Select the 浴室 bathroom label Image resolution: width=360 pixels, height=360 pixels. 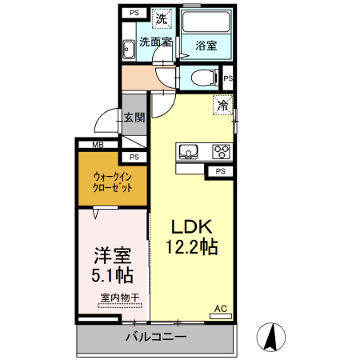click(206, 46)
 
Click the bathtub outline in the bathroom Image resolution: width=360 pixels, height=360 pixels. click(206, 24)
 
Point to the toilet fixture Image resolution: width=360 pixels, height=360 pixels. click(205, 78)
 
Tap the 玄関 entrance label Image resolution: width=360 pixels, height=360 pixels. click(134, 118)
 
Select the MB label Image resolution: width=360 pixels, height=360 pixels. click(98, 145)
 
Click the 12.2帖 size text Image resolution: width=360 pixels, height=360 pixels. click(192, 247)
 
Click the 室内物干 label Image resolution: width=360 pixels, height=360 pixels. click(120, 298)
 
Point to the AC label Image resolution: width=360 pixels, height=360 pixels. click(220, 308)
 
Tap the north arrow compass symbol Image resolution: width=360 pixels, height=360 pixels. click(272, 337)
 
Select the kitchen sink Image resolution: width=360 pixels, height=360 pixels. click(190, 151)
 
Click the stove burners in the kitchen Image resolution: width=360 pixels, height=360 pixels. click(220, 151)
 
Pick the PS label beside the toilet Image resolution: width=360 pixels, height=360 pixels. click(228, 78)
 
